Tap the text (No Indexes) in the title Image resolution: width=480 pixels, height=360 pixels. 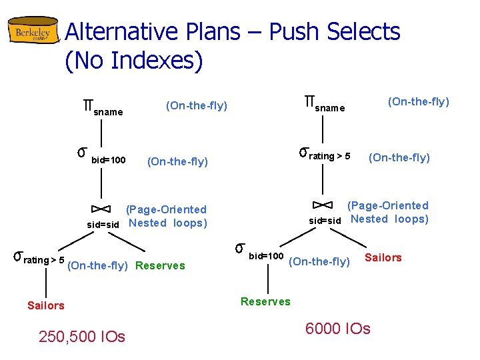(x=133, y=61)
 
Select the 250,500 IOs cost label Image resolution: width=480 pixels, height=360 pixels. (x=82, y=337)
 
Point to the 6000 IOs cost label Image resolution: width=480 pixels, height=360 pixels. (x=337, y=328)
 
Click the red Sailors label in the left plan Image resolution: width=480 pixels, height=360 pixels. (x=46, y=305)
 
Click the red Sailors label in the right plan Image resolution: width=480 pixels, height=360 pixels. (x=383, y=257)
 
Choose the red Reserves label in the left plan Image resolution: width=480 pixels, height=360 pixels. (x=160, y=265)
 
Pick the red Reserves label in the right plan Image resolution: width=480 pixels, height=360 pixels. (x=265, y=301)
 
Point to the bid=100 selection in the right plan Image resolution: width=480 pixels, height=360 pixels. (x=260, y=252)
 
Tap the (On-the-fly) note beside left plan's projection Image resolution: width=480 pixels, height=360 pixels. (x=197, y=105)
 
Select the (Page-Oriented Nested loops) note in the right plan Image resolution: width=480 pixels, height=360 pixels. (x=388, y=212)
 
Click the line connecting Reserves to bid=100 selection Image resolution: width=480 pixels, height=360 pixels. (x=267, y=280)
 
